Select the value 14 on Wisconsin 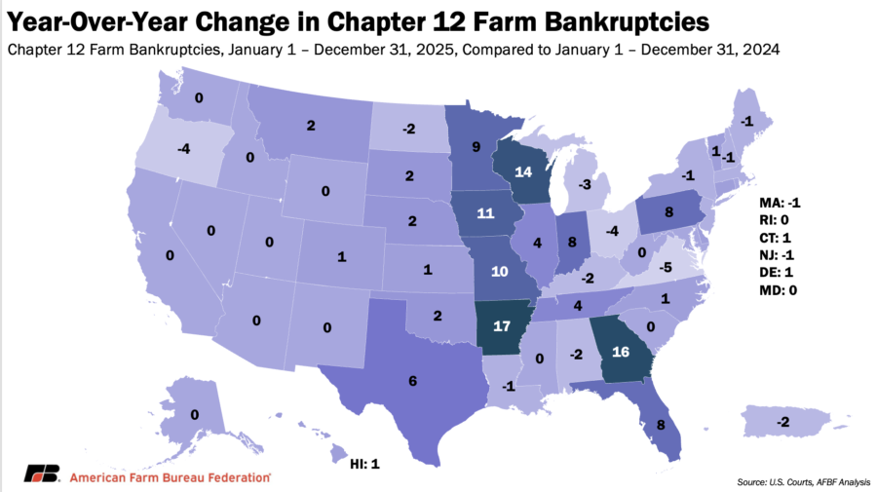click(523, 171)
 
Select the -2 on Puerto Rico click(782, 421)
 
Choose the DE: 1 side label click(781, 273)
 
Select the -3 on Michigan click(585, 183)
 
